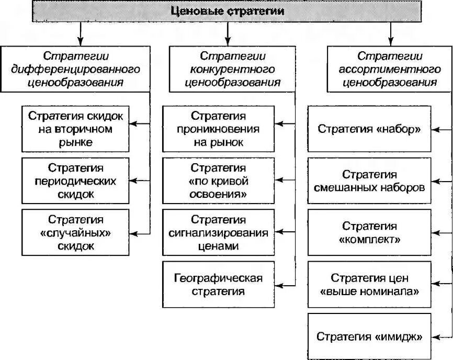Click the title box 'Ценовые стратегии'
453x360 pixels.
(228, 11)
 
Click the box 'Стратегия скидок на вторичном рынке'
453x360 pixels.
(75, 129)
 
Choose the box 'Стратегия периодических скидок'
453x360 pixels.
(75, 181)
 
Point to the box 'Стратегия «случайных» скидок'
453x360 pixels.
(75, 232)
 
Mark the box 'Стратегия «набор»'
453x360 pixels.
(369, 129)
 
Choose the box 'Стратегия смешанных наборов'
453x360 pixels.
(369, 181)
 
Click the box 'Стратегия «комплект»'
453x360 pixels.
(369, 232)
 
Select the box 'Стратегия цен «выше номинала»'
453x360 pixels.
(369, 284)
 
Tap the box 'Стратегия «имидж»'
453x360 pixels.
(369, 336)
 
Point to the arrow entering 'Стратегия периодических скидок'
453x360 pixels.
(139, 181)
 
